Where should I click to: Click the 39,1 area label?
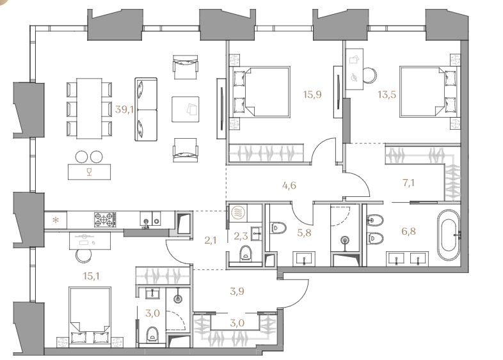pos(124,109)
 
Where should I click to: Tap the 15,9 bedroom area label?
pos(312,95)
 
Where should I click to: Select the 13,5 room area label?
pos(387,95)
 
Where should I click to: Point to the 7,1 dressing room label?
pos(408,183)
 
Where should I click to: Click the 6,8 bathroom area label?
pos(409,231)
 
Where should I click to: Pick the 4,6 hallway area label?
pos(289,185)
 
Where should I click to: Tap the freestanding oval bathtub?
pos(448,235)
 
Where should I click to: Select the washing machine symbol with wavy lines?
pos(238,212)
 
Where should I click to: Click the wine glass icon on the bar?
pos(89,171)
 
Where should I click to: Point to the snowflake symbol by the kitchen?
pos(56,220)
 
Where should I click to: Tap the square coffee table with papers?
pos(185,109)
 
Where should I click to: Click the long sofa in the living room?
pos(146,109)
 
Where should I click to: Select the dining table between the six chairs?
pos(89,108)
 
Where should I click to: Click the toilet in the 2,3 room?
pos(246,253)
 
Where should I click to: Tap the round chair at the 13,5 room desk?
pos(370,75)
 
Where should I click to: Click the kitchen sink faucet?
pos(147,223)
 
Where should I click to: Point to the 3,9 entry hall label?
pos(237,291)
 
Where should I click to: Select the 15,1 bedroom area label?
pos(91,276)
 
